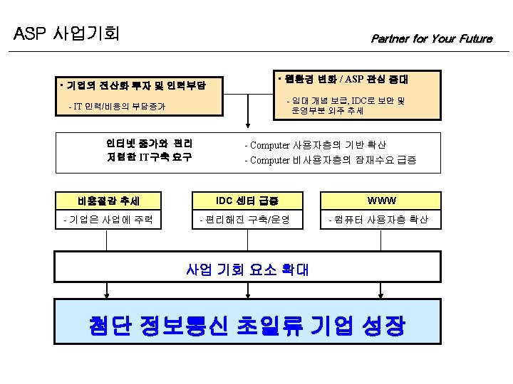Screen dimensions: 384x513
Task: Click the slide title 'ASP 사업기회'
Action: coord(67,33)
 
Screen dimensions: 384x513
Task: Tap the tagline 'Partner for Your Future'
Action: coord(431,38)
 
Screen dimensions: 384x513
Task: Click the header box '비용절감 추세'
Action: coord(109,201)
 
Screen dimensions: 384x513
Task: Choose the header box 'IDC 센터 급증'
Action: coord(248,201)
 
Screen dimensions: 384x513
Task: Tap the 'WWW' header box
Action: coord(382,201)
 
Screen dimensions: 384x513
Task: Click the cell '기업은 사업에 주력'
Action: coord(109,220)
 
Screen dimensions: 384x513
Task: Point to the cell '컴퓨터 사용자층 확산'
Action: coord(378,220)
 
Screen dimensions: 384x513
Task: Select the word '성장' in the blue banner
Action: coord(382,326)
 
